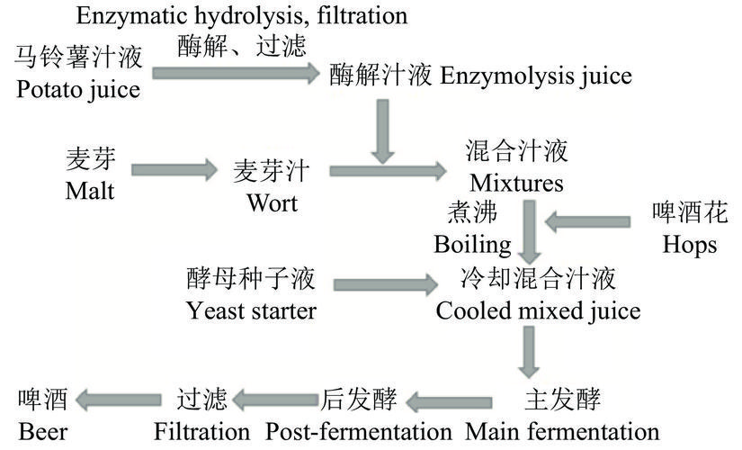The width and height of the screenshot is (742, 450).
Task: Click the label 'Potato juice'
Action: pos(77,90)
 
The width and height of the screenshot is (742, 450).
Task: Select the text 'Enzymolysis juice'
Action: pos(536,76)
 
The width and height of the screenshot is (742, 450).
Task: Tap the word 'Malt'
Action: pos(90,191)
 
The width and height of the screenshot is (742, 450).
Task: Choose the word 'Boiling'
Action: pos(472,244)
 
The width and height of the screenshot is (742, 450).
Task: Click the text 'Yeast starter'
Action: pos(251,311)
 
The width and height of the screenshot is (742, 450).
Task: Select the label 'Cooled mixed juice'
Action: pos(538,311)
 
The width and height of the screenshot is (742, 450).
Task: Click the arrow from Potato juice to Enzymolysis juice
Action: pos(236,72)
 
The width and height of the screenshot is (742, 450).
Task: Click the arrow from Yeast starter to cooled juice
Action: pos(383,286)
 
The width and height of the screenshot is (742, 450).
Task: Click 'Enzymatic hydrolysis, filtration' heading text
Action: pos(241,15)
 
